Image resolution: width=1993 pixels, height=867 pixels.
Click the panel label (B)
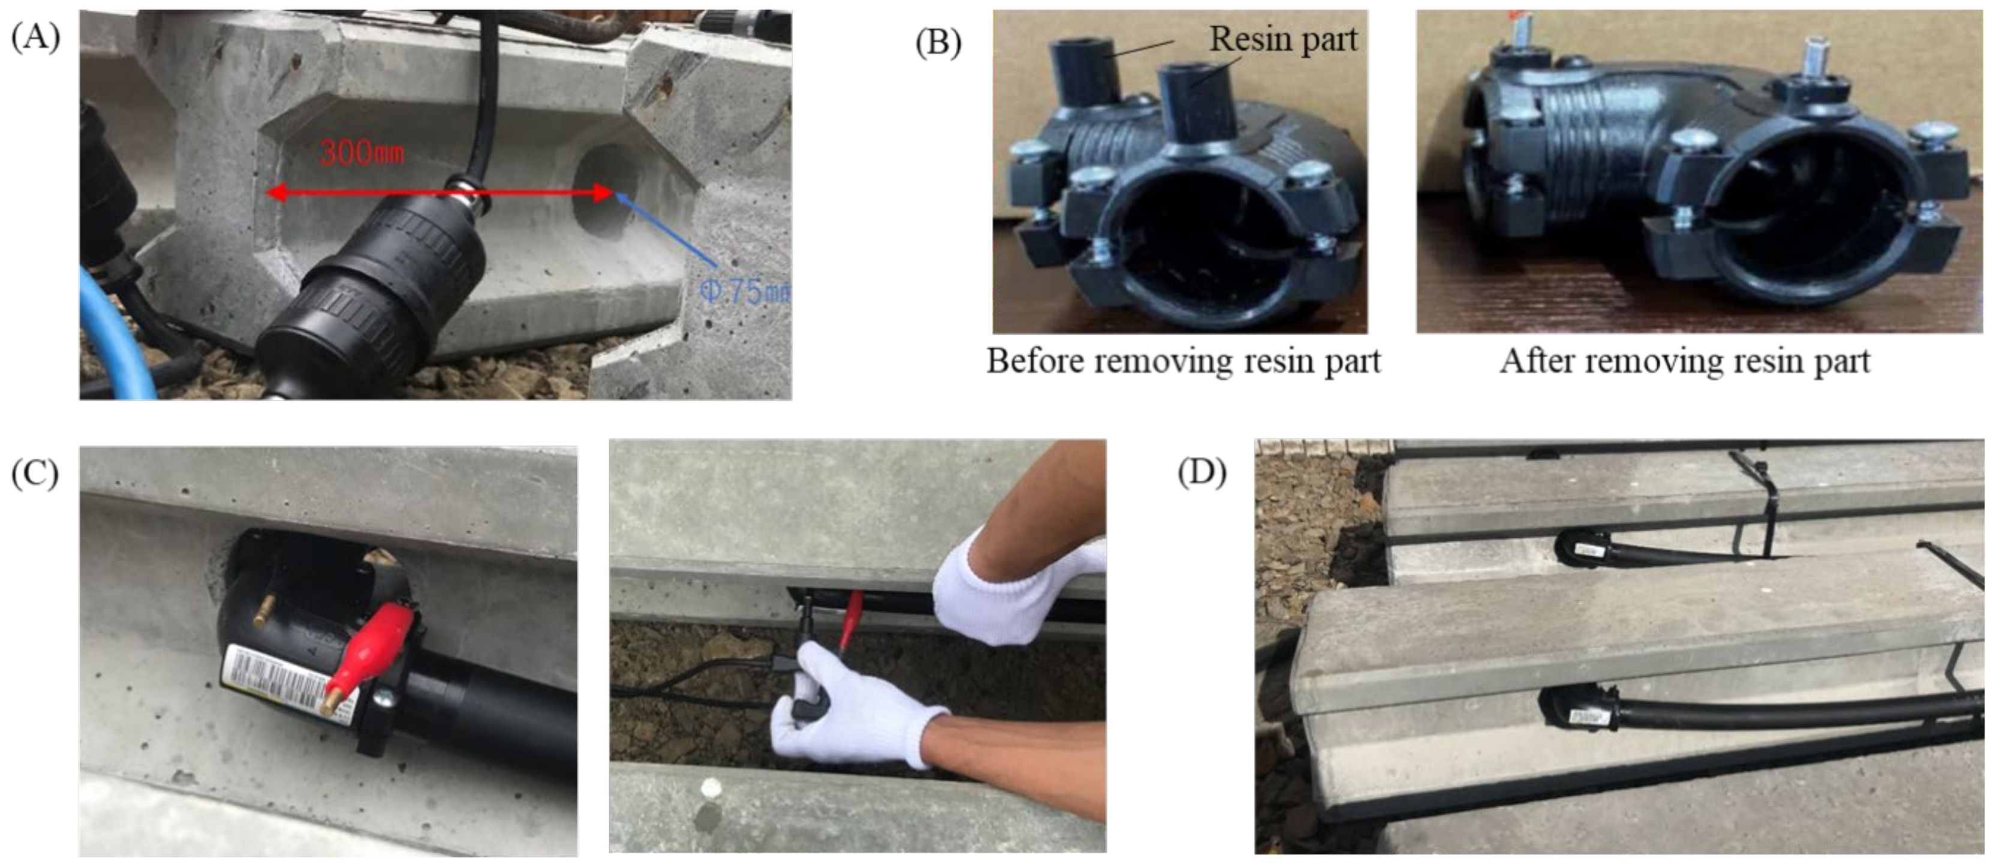coord(938,43)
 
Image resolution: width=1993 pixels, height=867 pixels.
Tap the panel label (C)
coord(35,474)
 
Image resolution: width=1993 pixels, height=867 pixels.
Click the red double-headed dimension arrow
coord(439,192)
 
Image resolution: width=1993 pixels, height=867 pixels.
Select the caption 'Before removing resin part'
coord(1183,361)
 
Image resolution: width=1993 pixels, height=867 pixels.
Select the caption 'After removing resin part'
coord(1685,361)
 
